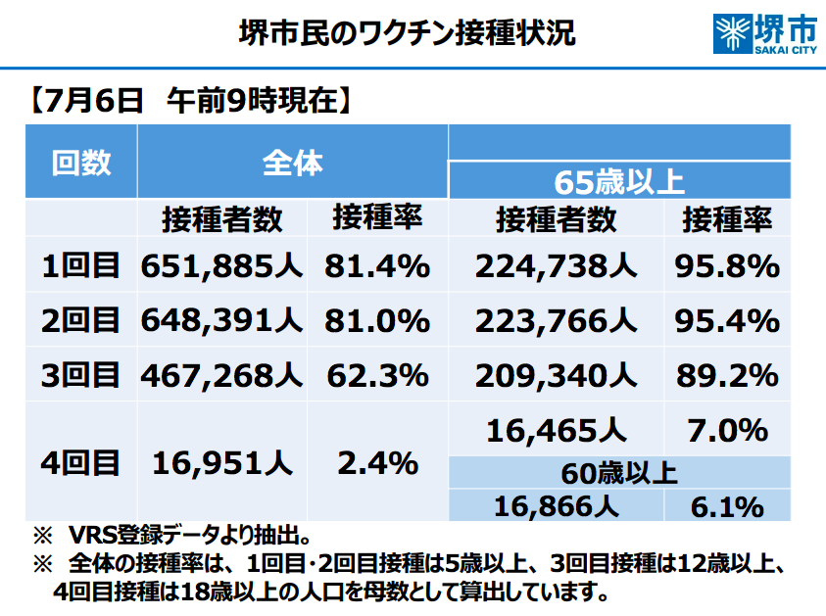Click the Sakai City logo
click(x=766, y=34)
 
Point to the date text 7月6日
click(x=95, y=100)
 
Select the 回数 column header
click(x=81, y=163)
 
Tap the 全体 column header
click(x=292, y=163)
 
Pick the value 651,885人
click(x=221, y=265)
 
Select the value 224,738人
click(x=557, y=265)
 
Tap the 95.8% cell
click(x=727, y=265)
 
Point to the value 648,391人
click(x=221, y=320)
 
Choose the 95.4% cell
click(x=727, y=320)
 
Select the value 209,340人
click(x=557, y=375)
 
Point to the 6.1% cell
click(x=727, y=505)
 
